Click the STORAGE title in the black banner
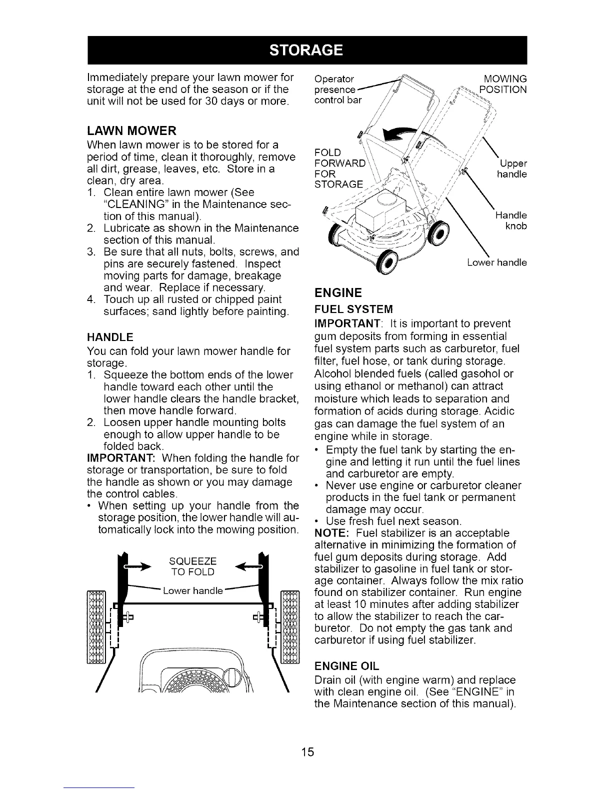[x=306, y=50]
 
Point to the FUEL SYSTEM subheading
[x=353, y=308]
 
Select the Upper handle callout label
[x=511, y=169]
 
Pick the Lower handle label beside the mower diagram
[x=497, y=262]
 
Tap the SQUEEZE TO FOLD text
[x=193, y=565]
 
